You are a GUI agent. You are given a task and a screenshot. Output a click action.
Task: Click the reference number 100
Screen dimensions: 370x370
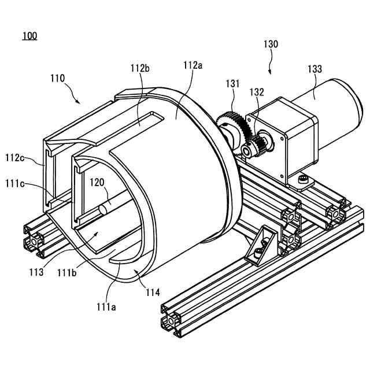[29, 36]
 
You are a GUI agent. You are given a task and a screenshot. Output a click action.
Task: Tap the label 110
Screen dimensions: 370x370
[58, 78]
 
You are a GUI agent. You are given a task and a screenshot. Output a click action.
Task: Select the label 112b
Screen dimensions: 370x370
[140, 68]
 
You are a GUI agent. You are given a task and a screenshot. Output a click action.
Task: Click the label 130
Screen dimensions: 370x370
[270, 44]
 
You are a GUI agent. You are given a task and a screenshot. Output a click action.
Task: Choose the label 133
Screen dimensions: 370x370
[315, 69]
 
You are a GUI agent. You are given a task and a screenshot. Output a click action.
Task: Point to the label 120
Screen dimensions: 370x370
[97, 182]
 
